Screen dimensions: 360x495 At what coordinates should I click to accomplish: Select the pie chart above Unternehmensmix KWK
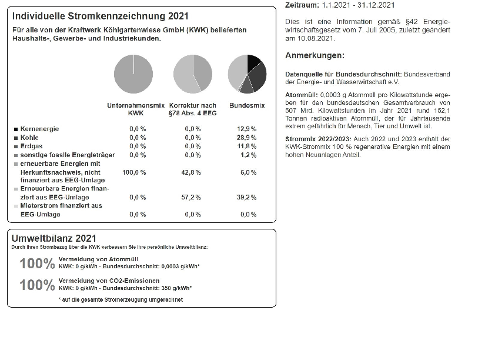tap(133, 74)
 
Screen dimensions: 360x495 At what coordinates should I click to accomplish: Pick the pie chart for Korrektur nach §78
tap(192, 74)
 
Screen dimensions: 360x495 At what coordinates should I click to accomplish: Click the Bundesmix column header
tap(247, 105)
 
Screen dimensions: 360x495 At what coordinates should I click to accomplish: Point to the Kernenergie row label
tap(39, 128)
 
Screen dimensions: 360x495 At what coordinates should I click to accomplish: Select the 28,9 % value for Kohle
tap(247, 137)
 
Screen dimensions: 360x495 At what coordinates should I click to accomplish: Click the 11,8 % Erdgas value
tap(247, 146)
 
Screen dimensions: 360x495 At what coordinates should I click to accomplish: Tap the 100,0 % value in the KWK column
tap(134, 172)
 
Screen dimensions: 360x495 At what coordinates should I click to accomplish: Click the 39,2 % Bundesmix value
tap(247, 198)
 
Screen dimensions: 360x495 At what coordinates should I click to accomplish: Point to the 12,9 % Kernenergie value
tap(247, 128)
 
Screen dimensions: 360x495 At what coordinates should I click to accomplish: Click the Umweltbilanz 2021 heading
tap(53, 238)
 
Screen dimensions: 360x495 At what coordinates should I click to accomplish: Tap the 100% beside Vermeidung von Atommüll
tap(37, 264)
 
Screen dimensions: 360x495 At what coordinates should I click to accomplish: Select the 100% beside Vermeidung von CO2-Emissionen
tap(37, 285)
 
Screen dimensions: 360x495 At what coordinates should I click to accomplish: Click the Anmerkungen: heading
tap(315, 56)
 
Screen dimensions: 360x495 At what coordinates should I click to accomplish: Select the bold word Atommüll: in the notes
tap(302, 95)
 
